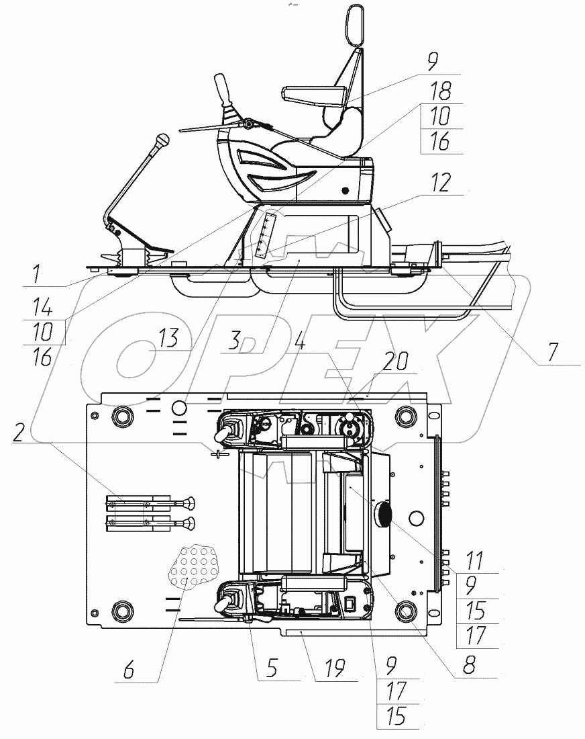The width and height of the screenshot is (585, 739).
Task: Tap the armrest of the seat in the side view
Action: click(x=315, y=95)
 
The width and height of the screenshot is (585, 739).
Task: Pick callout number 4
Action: click(x=300, y=341)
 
